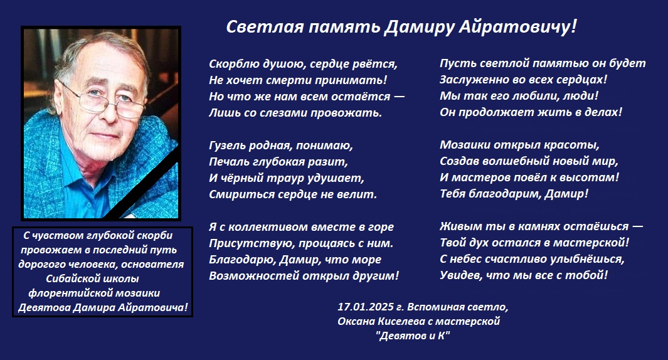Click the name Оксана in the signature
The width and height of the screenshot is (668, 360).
(x=356, y=321)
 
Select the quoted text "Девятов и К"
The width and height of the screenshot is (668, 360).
(x=413, y=336)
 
